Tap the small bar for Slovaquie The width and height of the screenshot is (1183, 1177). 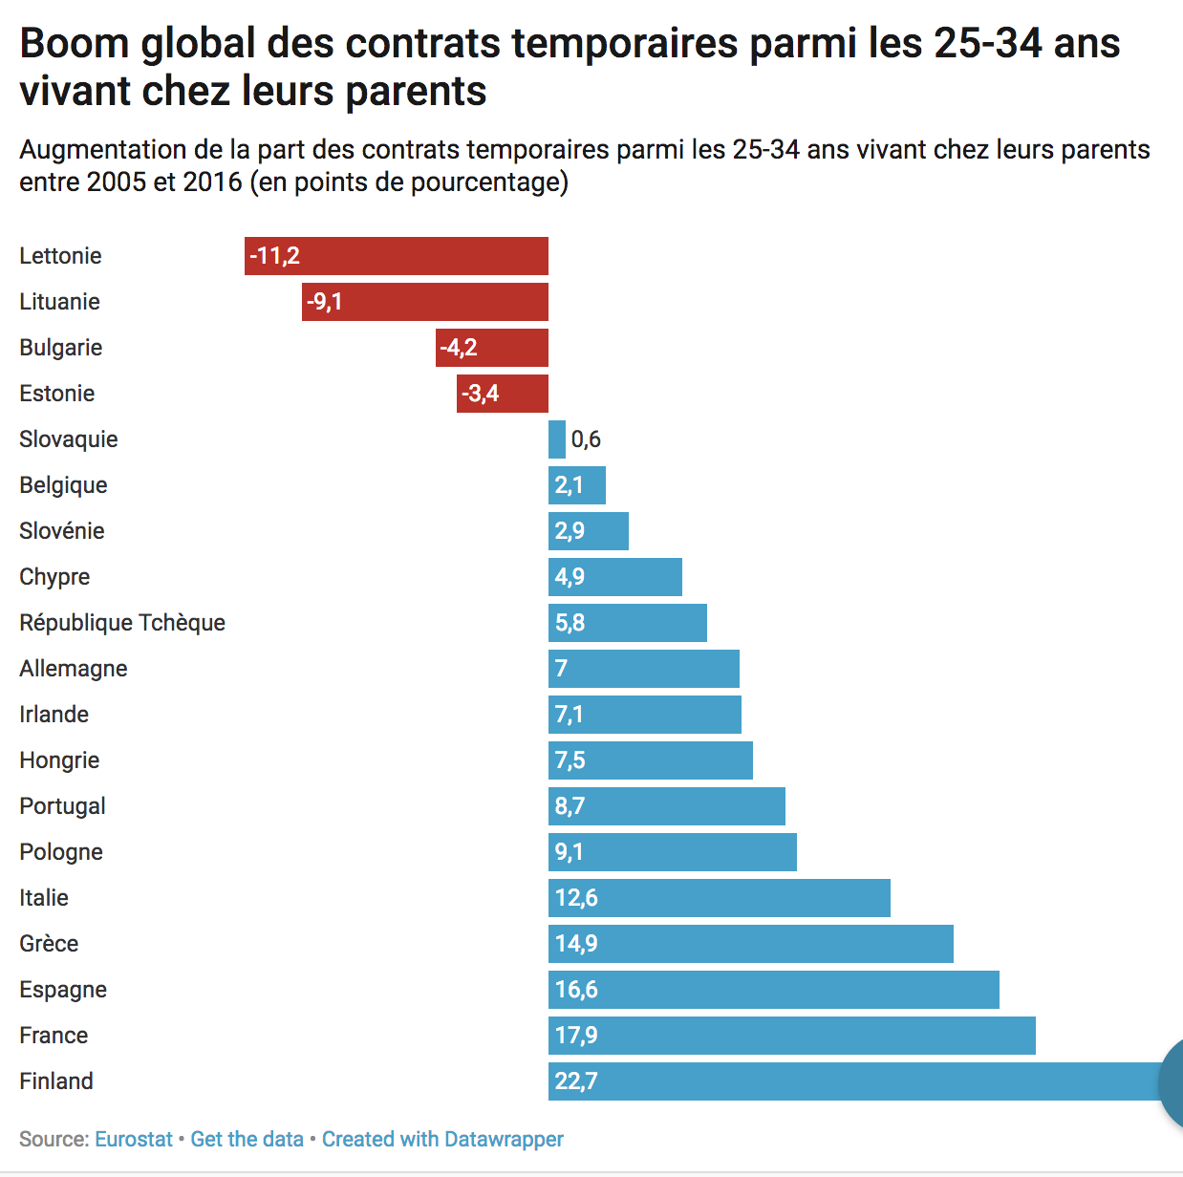(x=557, y=439)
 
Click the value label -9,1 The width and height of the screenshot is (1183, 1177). (x=325, y=302)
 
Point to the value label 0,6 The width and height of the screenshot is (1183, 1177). (x=586, y=439)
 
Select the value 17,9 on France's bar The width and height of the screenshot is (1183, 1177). (x=576, y=1036)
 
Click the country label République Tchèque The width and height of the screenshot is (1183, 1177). (x=122, y=623)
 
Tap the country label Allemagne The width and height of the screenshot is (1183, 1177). (x=74, y=669)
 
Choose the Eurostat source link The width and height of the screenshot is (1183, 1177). (x=134, y=1139)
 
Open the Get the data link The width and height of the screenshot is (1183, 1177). (x=247, y=1139)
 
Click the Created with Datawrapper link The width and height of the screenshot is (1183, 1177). (x=442, y=1139)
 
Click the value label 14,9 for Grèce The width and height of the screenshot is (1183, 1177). (x=576, y=944)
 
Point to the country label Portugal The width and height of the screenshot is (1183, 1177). (x=62, y=806)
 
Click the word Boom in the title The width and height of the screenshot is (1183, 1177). (x=75, y=44)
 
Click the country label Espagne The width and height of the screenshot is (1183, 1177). (x=63, y=990)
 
